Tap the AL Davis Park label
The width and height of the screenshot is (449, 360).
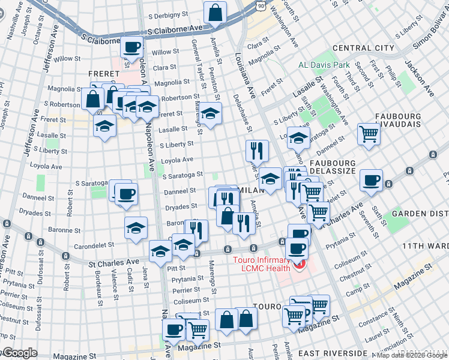[324, 65]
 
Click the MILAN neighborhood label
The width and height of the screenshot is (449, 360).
[252, 190]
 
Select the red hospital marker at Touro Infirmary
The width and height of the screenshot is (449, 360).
[299, 263]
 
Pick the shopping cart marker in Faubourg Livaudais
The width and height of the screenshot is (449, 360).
[369, 133]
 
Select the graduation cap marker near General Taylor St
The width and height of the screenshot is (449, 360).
[210, 113]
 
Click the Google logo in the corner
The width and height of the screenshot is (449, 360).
[19, 353]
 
